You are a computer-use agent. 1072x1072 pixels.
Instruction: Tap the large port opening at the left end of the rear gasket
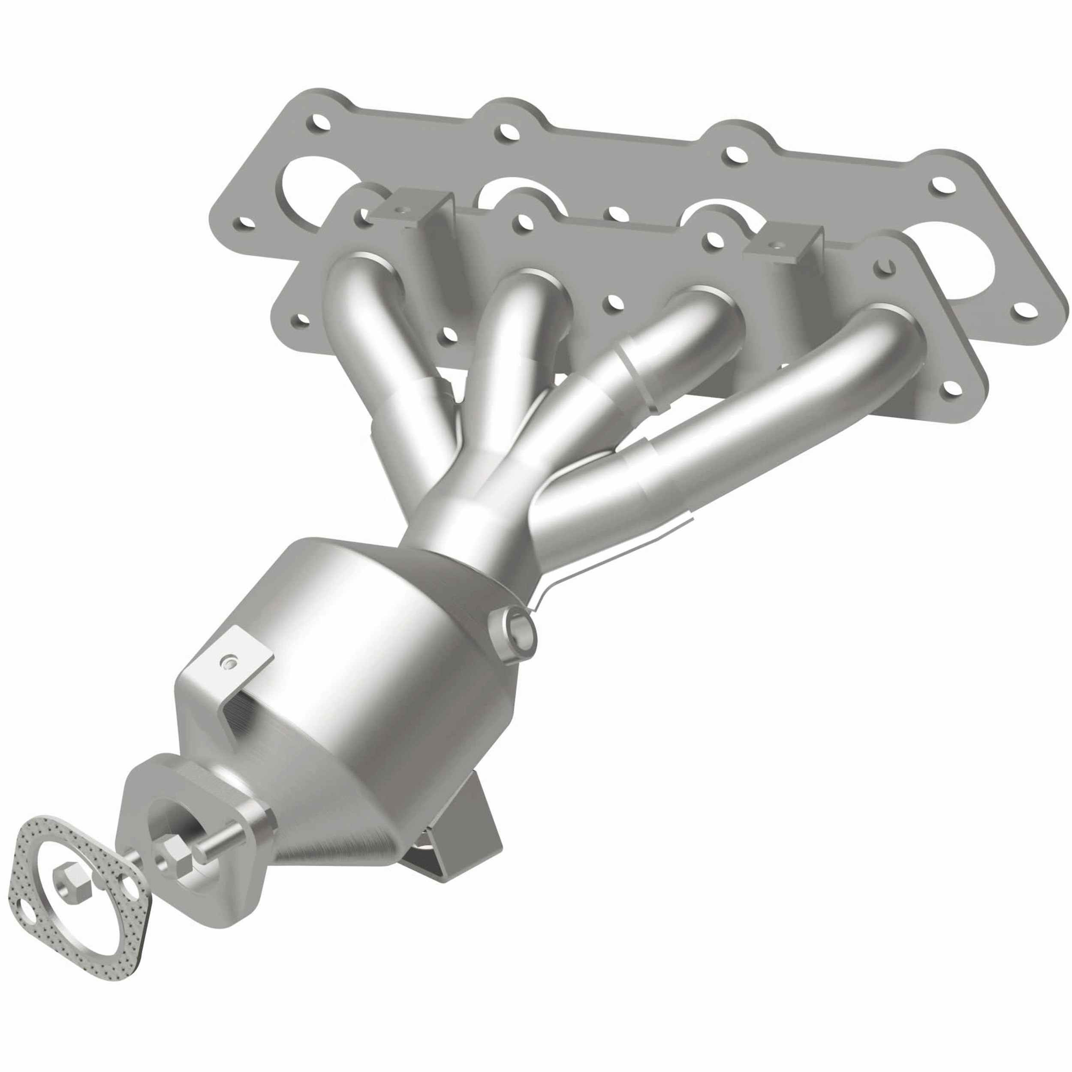pyautogui.click(x=302, y=183)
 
